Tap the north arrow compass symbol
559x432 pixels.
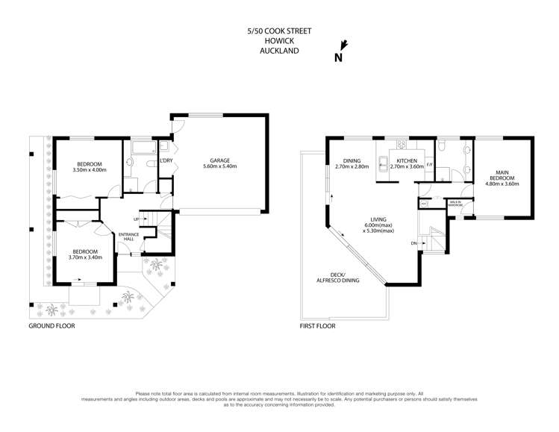[340, 51]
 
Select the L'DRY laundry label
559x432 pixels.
[166, 160]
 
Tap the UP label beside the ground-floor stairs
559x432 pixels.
[135, 219]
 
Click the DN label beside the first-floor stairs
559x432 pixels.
[414, 243]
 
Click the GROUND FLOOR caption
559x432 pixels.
[51, 326]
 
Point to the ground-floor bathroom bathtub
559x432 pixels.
[140, 149]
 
